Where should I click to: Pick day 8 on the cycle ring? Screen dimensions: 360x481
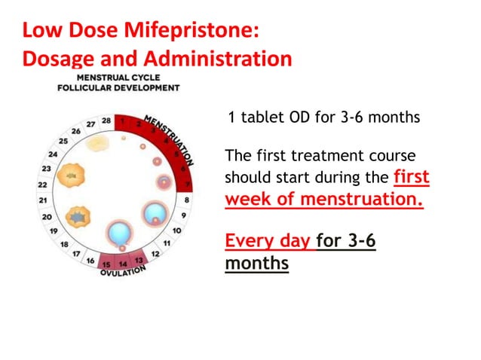click(x=186, y=200)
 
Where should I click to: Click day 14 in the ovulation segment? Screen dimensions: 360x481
click(x=123, y=264)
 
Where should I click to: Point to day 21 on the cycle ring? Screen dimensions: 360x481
click(x=44, y=200)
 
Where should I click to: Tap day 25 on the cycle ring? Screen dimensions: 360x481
click(x=63, y=141)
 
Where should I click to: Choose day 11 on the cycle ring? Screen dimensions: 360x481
click(x=167, y=243)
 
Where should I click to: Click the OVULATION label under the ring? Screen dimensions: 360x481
click(x=123, y=273)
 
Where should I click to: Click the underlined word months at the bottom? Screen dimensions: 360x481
click(x=256, y=264)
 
